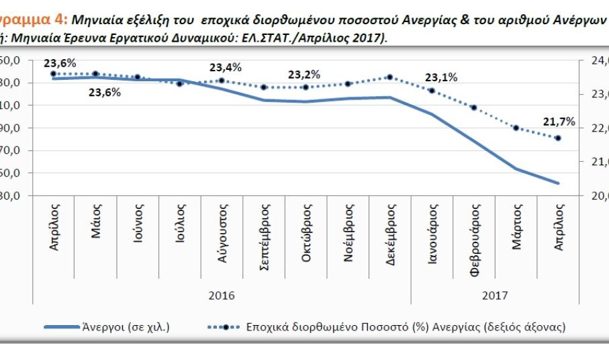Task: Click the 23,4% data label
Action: point(226,67)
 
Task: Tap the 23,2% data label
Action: point(304,75)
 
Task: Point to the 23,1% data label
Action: point(442,77)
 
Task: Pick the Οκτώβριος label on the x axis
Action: point(306,232)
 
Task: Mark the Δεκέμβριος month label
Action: point(391,232)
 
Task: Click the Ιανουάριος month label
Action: point(433,232)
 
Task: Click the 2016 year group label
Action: point(222,295)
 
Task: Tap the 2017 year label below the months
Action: point(495,295)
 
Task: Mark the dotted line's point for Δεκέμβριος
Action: point(390,77)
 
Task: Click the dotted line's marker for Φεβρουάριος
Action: point(474,107)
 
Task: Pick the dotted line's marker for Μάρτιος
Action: point(516,128)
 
